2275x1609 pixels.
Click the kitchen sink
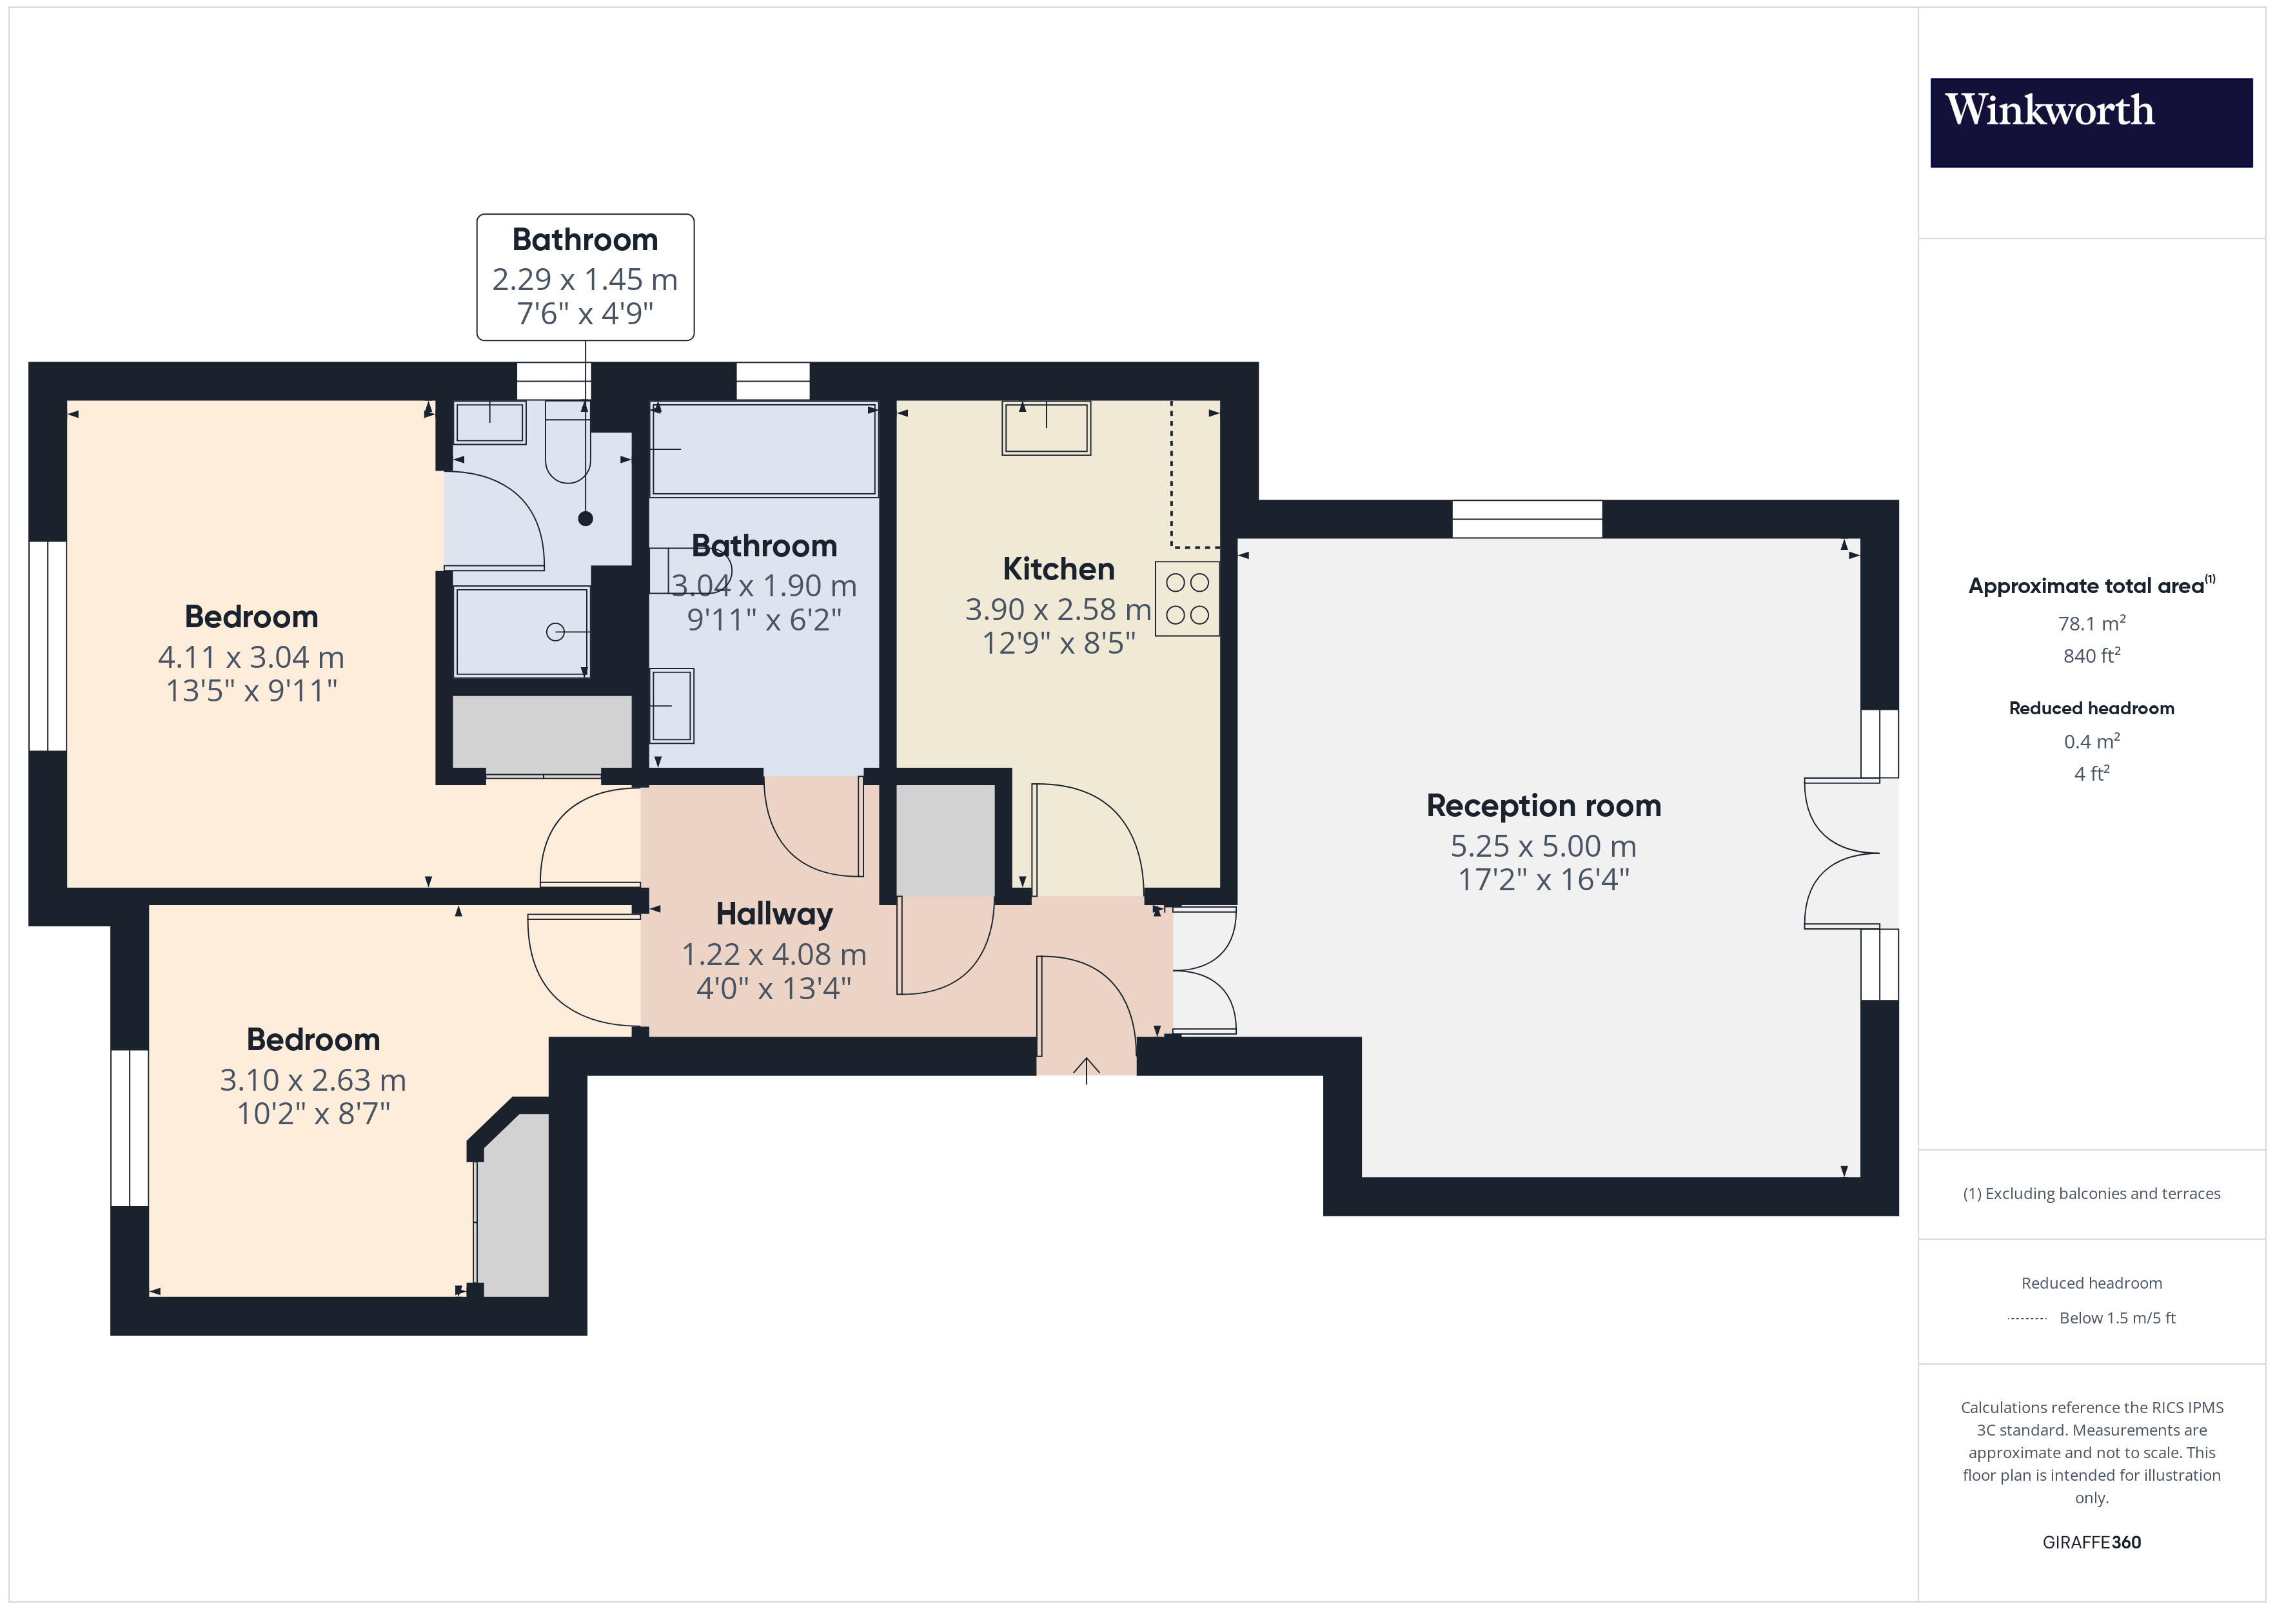coord(1047,428)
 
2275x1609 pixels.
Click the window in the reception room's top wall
coord(1527,519)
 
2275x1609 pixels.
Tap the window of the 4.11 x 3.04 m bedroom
coord(48,646)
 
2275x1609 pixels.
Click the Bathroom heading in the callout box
coord(585,240)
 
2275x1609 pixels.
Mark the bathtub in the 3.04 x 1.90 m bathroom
coord(764,449)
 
